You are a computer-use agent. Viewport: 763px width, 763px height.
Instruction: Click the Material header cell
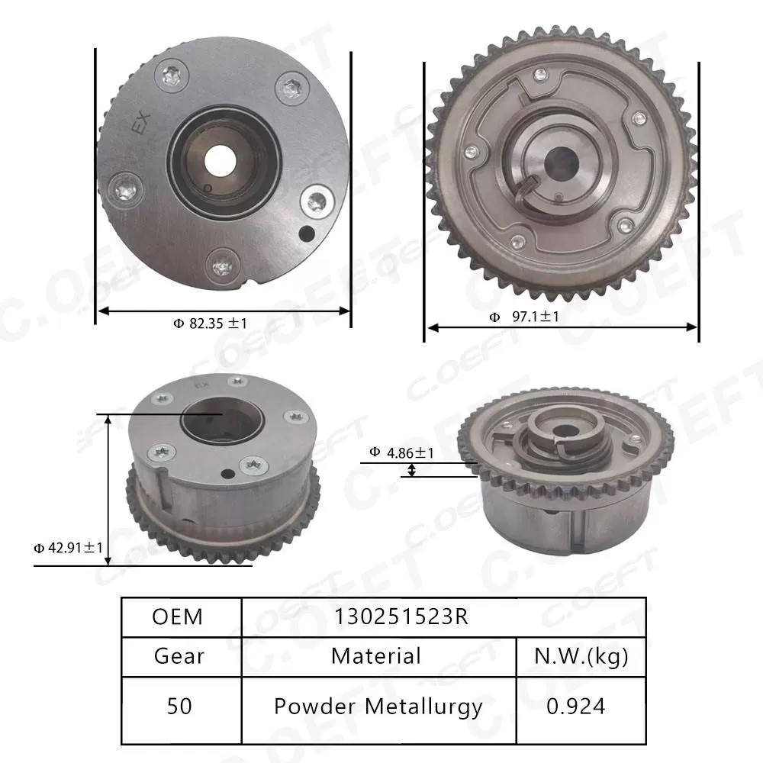coord(376,655)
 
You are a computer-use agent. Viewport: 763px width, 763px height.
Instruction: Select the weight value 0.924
coord(576,707)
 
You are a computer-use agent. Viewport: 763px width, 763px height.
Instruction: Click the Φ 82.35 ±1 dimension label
coord(210,324)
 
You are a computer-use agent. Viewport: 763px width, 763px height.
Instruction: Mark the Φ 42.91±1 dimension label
coord(68,547)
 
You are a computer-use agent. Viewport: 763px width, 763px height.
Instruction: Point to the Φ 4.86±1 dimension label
coord(402,452)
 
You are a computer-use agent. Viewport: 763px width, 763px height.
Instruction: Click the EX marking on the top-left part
coord(143,124)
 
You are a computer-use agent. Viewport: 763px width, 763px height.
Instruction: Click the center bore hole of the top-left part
coord(223,161)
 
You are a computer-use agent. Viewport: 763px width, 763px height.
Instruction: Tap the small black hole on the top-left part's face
coord(307,233)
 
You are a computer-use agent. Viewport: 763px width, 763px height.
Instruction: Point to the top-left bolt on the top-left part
coord(171,76)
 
